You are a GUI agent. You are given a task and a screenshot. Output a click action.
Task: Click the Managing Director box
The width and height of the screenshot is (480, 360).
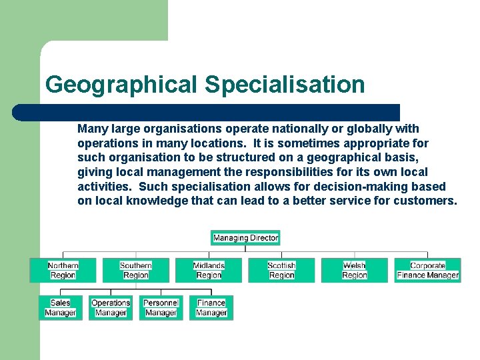coord(245,237)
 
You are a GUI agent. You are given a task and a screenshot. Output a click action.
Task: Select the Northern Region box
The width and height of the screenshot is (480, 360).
coord(63,270)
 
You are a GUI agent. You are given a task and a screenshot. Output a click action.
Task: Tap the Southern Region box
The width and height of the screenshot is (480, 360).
coord(135,270)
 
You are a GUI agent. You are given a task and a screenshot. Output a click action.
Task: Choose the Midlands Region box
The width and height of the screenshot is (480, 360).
coord(209,270)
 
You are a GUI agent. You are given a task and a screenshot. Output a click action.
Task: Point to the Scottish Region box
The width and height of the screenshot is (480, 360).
coord(281,270)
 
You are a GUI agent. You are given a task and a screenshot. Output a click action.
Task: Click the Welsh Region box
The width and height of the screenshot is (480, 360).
coord(354,270)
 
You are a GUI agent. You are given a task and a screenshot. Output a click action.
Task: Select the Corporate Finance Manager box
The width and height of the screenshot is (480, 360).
coord(427,270)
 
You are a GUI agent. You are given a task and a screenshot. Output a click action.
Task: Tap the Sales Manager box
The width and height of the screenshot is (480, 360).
coord(61,307)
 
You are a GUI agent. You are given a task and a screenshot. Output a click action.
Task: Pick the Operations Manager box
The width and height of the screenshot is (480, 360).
coord(111,307)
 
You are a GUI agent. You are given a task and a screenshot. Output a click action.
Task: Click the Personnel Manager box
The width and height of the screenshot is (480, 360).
coord(161,307)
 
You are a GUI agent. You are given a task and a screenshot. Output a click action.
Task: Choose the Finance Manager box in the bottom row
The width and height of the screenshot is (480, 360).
coord(211,307)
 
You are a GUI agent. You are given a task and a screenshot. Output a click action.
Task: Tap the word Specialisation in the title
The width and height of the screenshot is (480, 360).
coord(285,85)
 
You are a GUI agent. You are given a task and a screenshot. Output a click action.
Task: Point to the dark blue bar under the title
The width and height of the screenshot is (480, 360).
coord(207,113)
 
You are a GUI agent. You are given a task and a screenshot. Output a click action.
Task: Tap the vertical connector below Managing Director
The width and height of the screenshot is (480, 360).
coord(245,249)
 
